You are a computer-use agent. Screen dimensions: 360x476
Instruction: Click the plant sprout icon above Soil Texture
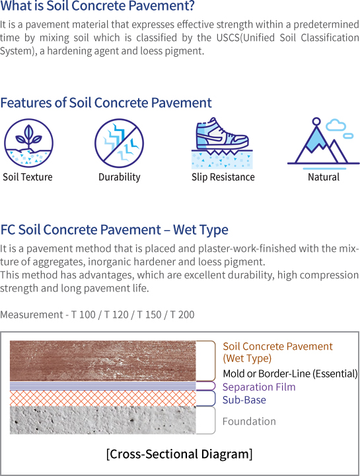(x=28, y=143)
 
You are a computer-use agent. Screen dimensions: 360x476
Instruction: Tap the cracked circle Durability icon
(x=119, y=143)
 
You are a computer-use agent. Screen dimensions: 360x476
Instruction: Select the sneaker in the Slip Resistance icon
(x=222, y=134)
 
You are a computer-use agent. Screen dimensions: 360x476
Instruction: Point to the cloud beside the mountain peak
(x=336, y=125)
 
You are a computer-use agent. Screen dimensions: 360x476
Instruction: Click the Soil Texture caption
(x=28, y=177)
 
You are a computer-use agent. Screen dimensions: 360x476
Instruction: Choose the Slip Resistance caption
(x=223, y=177)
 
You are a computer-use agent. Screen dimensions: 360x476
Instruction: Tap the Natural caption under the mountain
(x=324, y=177)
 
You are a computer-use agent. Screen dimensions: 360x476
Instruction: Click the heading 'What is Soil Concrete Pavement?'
(x=97, y=6)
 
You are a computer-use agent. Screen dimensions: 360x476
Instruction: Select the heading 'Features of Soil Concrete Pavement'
(x=106, y=103)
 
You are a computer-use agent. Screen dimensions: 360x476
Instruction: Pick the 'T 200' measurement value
(x=182, y=315)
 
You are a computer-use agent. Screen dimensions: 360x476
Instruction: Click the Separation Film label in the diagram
(x=259, y=387)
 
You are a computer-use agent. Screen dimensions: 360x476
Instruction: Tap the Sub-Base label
(x=244, y=400)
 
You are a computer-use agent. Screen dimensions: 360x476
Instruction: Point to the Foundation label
(x=249, y=421)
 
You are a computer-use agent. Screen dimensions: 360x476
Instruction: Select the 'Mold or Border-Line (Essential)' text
(x=290, y=374)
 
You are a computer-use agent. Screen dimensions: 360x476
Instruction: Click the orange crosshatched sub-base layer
(x=103, y=398)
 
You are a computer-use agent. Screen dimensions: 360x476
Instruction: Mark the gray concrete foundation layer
(x=103, y=420)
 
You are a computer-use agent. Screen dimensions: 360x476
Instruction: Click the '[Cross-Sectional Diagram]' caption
(x=179, y=454)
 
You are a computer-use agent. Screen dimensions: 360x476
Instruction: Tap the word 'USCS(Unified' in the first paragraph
(x=246, y=38)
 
